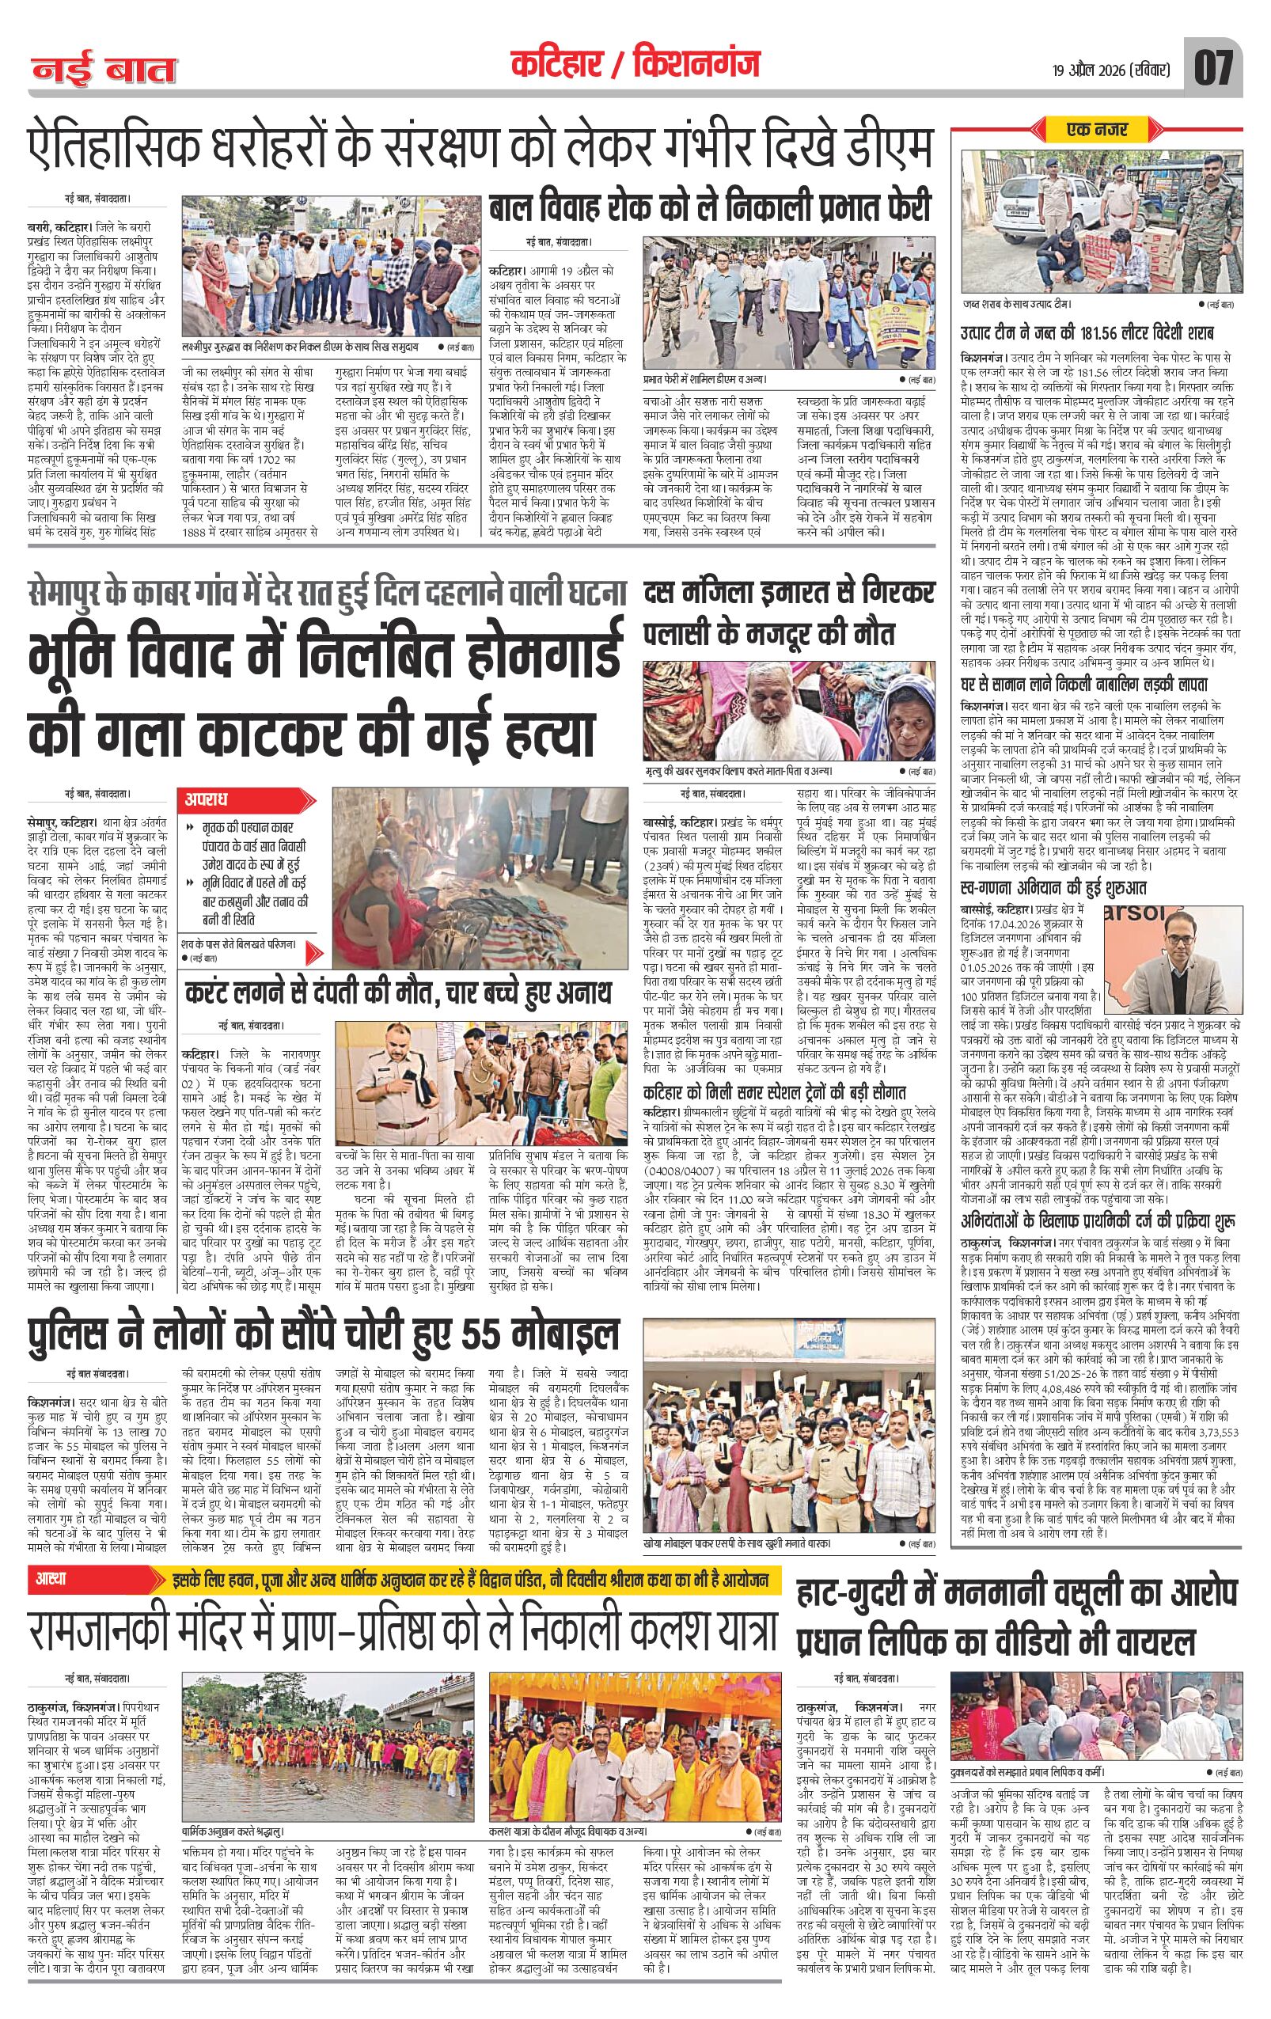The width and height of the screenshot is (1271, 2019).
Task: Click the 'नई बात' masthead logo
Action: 104,70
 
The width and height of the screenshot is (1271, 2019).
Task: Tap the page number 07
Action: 1213,68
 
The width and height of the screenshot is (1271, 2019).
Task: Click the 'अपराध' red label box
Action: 208,799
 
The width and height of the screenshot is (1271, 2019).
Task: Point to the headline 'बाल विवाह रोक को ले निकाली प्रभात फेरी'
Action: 711,208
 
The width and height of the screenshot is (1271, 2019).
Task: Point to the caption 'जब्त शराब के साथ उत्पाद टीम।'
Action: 1017,303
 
